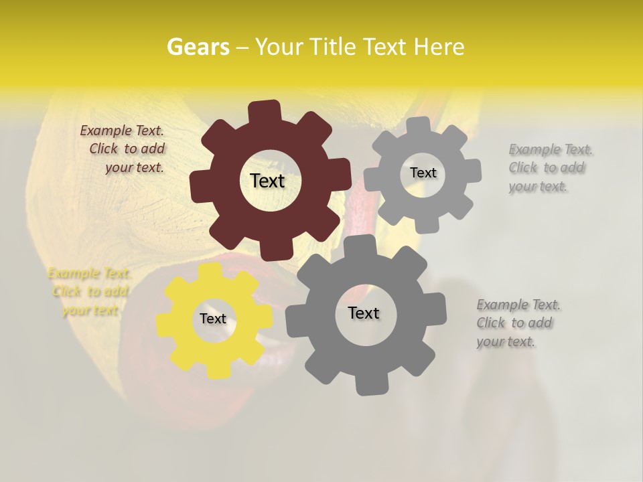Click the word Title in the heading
click(335, 47)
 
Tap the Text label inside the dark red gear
click(267, 181)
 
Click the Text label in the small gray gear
click(423, 173)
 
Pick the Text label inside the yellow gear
click(212, 319)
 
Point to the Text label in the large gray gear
click(363, 313)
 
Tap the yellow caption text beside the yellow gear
click(89, 292)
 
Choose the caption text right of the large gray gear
click(518, 323)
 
